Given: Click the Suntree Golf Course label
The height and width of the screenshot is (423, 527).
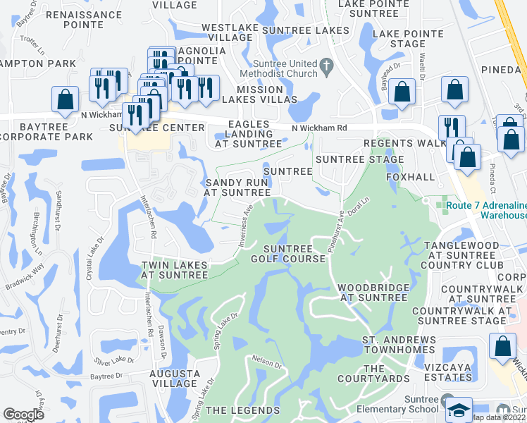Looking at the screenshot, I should click(294, 254).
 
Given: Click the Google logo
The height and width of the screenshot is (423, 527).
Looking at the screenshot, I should click(23, 415).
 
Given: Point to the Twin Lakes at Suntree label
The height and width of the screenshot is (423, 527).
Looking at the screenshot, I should click(175, 270).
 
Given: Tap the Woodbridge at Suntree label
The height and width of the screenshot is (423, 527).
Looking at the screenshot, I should click(373, 293).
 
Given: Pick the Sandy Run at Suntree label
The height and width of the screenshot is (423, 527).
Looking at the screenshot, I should click(237, 187).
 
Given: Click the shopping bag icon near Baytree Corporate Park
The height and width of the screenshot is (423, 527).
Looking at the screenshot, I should click(65, 101).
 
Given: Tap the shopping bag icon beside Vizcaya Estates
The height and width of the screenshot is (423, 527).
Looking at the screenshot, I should click(502, 348).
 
